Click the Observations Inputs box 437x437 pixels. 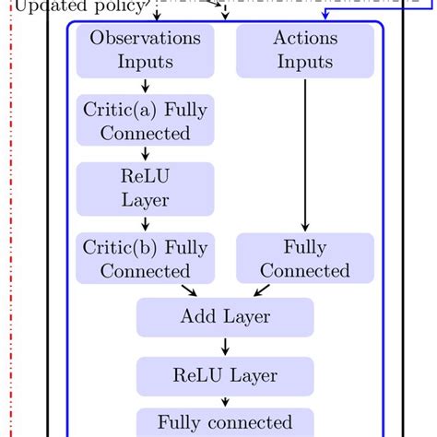(x=145, y=51)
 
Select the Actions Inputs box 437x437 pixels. (x=305, y=51)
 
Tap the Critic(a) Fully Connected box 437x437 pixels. (x=145, y=121)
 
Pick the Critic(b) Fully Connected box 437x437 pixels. (x=145, y=259)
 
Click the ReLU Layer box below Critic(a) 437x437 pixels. (x=145, y=188)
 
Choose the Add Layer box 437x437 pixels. (x=225, y=317)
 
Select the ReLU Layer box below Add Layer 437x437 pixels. (x=225, y=375)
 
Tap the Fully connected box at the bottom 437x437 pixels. (x=225, y=423)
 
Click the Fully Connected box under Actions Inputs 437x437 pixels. (x=305, y=259)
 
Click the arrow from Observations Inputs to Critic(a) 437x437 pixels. (x=145, y=86)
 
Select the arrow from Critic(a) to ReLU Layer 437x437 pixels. (x=145, y=154)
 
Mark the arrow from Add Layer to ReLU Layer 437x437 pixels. (x=225, y=347)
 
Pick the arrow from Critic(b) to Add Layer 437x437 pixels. (x=190, y=289)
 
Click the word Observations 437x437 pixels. (x=145, y=39)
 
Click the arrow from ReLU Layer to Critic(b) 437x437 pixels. (x=145, y=223)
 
